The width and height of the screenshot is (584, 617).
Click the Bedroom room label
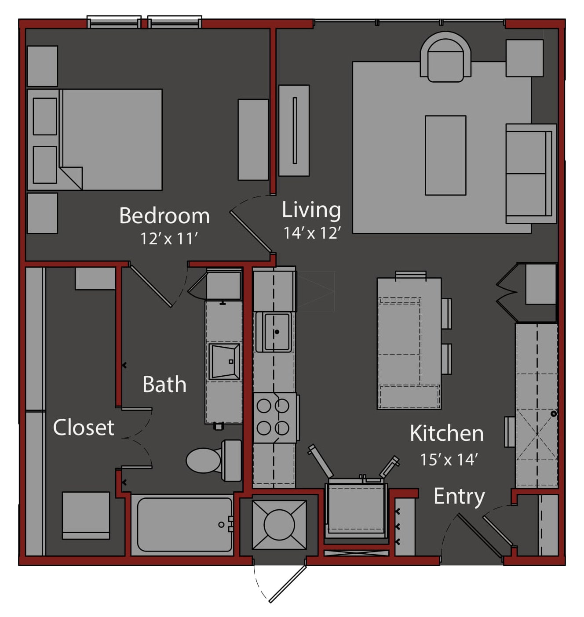tap(164, 216)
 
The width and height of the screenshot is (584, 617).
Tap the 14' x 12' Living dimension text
tap(312, 233)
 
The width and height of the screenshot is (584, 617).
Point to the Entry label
tap(459, 497)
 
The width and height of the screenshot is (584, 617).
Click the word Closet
tap(84, 427)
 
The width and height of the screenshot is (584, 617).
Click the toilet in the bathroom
tap(214, 460)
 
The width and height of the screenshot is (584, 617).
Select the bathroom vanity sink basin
tap(224, 362)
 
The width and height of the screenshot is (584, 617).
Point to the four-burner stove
tap(276, 417)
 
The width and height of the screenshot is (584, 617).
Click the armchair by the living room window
tap(445, 57)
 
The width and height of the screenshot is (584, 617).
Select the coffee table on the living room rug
tap(445, 155)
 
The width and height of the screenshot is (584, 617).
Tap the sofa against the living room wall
tap(531, 174)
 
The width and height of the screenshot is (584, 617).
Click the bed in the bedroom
tap(95, 140)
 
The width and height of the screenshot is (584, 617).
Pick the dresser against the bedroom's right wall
tap(253, 140)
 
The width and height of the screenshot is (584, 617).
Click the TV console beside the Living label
tap(294, 131)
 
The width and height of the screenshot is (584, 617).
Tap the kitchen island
tap(409, 344)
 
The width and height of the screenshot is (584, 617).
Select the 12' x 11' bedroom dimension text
tap(169, 239)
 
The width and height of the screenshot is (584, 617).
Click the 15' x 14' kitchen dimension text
tap(449, 460)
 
